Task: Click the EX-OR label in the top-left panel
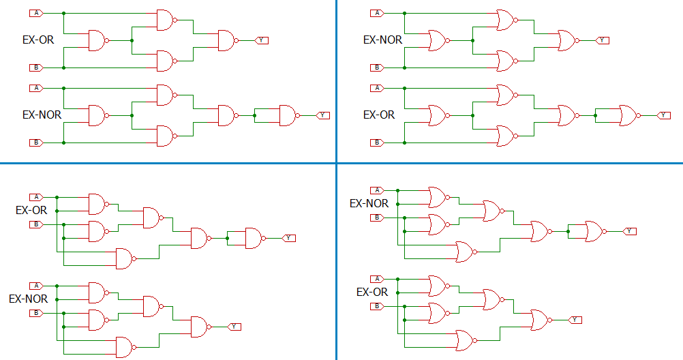coord(38,40)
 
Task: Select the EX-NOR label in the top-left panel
coord(42,115)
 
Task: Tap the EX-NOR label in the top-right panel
coord(382,40)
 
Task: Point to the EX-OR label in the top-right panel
coord(379,115)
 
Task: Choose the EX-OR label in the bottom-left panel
coord(31,211)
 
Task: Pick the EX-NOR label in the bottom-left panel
coord(29,299)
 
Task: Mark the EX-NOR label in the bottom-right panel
coord(369,204)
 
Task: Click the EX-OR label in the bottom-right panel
coord(372,292)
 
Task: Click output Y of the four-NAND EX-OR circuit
coord(261,40)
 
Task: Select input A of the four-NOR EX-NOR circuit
coord(377,14)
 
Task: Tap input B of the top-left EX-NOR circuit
coord(36,142)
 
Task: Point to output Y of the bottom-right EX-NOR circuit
coord(629,231)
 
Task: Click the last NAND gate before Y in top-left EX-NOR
coord(290,115)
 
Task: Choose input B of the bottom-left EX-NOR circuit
coord(36,313)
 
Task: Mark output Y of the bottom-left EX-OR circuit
coord(289,238)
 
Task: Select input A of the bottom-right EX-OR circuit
coord(377,279)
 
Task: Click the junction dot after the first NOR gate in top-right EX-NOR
coord(472,40)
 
